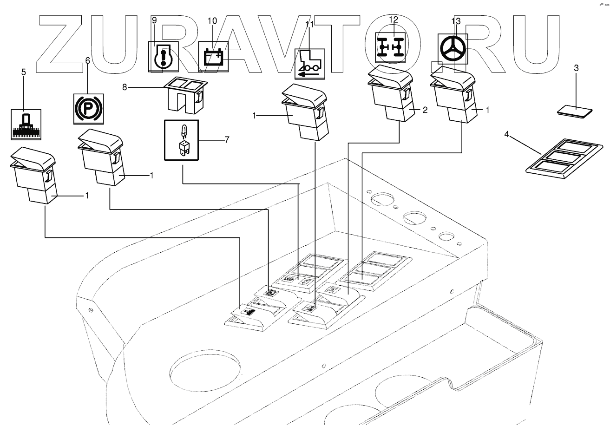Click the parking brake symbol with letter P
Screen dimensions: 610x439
pos(88,108)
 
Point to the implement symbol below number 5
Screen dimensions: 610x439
pos(26,124)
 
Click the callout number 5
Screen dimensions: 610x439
pos(24,72)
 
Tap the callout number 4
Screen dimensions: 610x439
pos(507,135)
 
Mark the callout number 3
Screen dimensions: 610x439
pos(576,68)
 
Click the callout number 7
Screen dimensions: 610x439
pos(227,139)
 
